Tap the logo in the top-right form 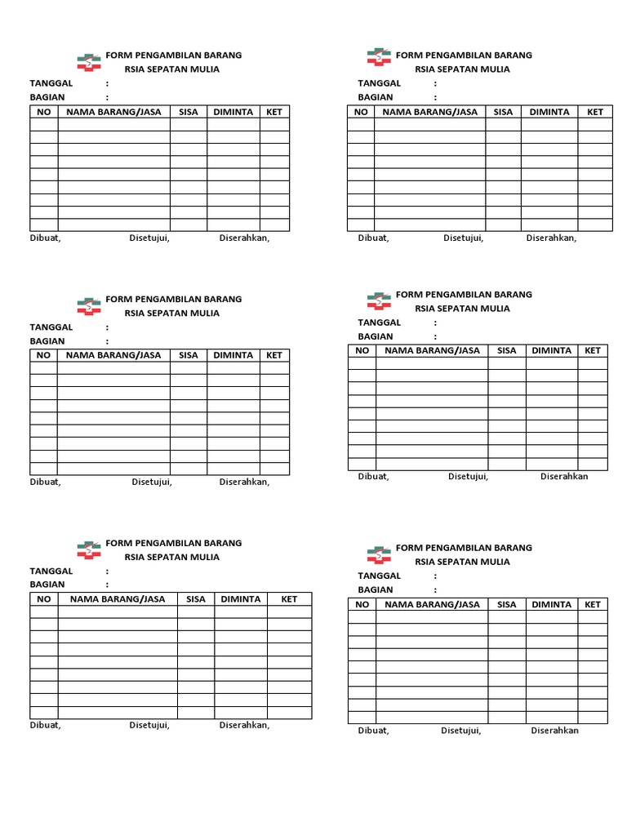point(379,57)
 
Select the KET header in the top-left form point(274,112)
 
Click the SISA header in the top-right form point(503,112)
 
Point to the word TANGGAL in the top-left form point(51,83)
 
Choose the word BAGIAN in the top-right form point(375,97)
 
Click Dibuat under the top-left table point(45,238)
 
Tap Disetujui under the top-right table point(463,238)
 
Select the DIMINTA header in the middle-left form point(233,355)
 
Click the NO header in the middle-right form point(362,350)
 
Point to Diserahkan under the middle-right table point(564,477)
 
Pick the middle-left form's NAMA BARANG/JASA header point(113,355)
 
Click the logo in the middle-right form point(379,301)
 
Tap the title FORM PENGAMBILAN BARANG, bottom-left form point(174,543)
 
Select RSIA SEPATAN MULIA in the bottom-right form point(462,562)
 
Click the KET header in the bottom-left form point(289,599)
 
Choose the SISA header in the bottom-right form point(507,605)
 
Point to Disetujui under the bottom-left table point(149,725)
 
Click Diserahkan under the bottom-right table point(554,731)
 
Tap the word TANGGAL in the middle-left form point(51,327)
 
